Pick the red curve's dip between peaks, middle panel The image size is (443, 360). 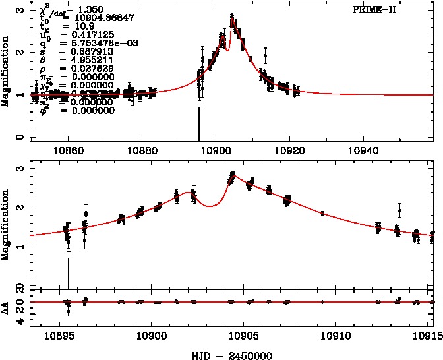pos(210,206)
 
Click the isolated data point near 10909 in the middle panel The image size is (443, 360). pos(322,213)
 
